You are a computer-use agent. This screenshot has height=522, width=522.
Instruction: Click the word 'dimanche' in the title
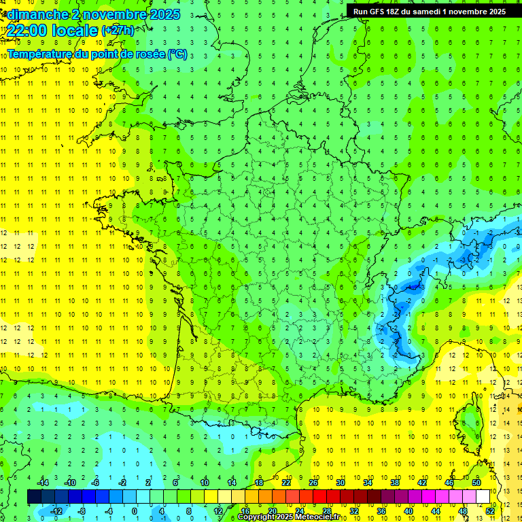[x=35, y=14]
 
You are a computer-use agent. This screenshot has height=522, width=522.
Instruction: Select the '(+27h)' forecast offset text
[x=118, y=31]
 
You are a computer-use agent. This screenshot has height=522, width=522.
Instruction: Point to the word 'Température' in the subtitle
[x=40, y=54]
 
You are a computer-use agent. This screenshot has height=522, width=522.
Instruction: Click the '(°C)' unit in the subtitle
[x=177, y=54]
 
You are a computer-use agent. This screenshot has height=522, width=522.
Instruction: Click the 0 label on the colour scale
[x=135, y=510]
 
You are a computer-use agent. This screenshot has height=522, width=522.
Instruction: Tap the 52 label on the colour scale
[x=490, y=510]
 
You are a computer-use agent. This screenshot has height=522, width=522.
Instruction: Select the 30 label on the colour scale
[x=341, y=483]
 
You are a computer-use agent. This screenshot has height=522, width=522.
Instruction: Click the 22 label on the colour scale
[x=286, y=483]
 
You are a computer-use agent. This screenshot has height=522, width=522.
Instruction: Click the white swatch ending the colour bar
[x=483, y=497]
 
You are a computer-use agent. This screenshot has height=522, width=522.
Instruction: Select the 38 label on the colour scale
[x=395, y=483]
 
